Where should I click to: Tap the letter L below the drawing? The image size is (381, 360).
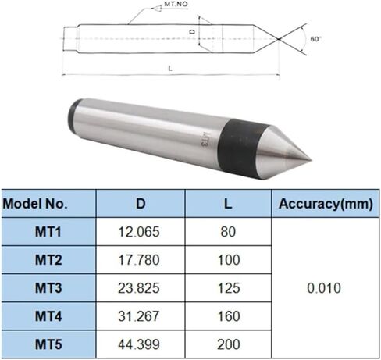[170, 69]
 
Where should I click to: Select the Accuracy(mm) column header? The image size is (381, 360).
[323, 205]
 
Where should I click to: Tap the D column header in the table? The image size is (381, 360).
[141, 205]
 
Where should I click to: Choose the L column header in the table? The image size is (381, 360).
[227, 205]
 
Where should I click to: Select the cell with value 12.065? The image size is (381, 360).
[141, 232]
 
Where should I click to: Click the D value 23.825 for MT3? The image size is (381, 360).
[141, 288]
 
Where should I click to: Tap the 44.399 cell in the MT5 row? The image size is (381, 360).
[141, 344]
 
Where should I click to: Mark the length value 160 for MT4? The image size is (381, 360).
[227, 315]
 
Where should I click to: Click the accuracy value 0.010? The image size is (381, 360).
[323, 288]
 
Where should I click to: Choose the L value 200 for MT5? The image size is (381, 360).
[227, 344]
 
